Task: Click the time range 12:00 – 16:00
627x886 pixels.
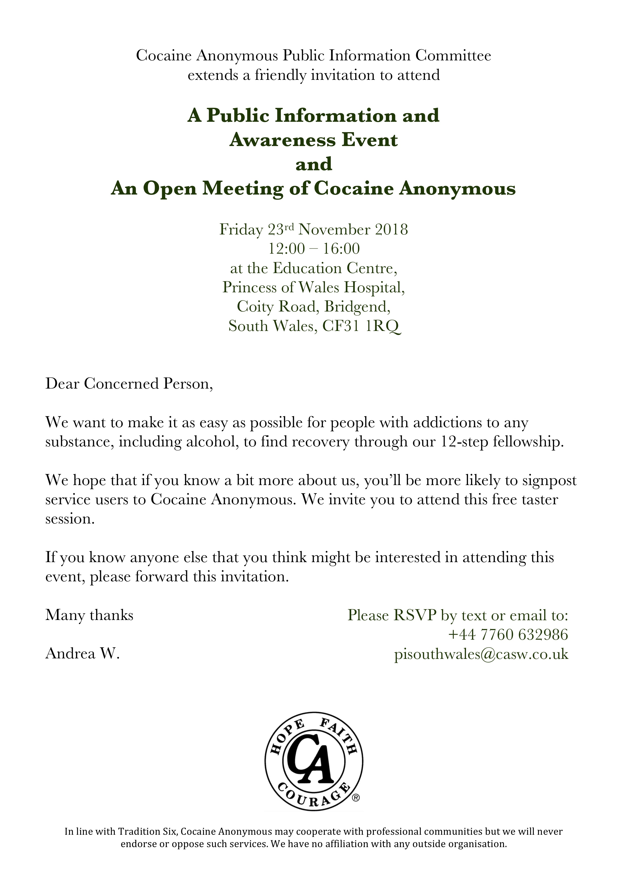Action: (x=314, y=249)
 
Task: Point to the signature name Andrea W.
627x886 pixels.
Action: (x=83, y=654)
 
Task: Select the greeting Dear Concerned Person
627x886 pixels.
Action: (x=129, y=384)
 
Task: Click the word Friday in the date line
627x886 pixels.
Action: (x=241, y=230)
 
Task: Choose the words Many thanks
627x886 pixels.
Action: (x=89, y=615)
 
